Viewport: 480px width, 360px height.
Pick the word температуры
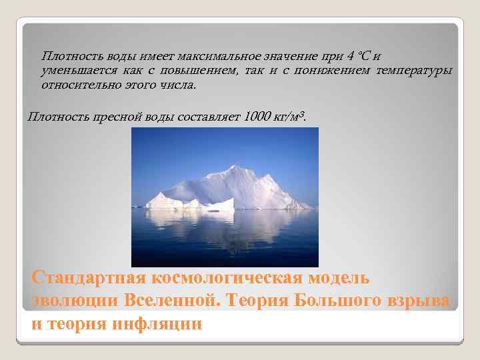coord(413,71)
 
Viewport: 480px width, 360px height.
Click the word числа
coord(177,85)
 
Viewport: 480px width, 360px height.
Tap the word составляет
coord(209,117)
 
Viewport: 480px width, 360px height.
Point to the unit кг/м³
coord(291,117)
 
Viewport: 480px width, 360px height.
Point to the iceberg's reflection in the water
coord(227,227)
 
